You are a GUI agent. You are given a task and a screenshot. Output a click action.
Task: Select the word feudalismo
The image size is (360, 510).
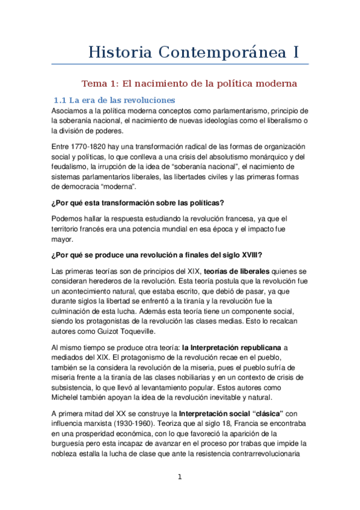[x=75, y=167]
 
